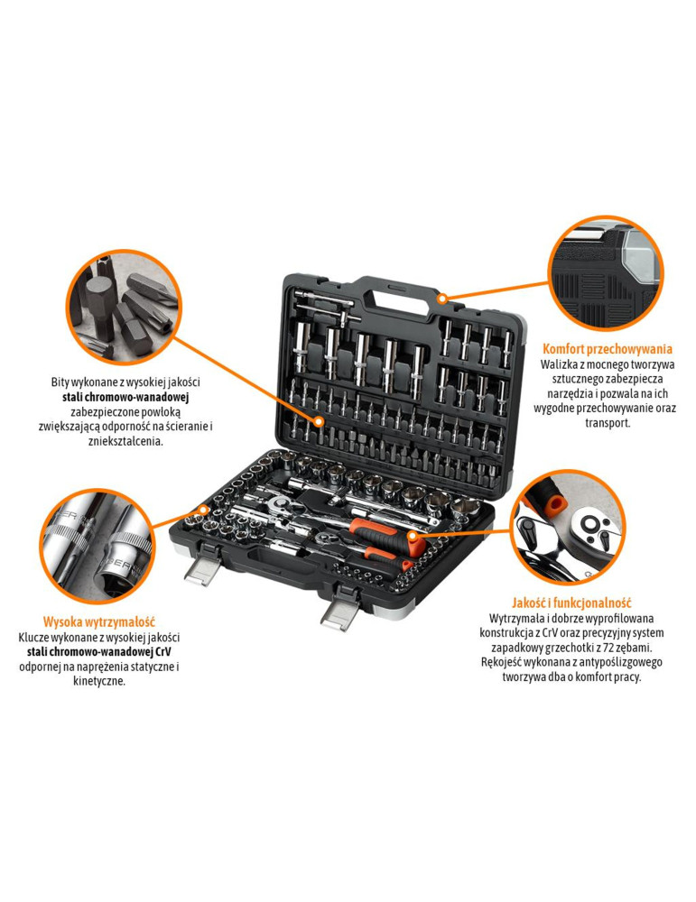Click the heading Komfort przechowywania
click(x=608, y=348)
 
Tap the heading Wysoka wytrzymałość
click(x=99, y=621)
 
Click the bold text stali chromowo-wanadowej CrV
click(x=99, y=652)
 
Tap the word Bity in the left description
click(x=60, y=382)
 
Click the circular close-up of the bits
click(x=125, y=307)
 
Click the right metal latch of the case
click(x=341, y=611)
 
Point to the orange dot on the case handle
click(x=441, y=299)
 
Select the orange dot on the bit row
click(x=320, y=421)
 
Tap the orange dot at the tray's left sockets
click(x=203, y=509)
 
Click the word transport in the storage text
click(x=608, y=423)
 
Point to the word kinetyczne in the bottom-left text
click(x=99, y=682)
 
